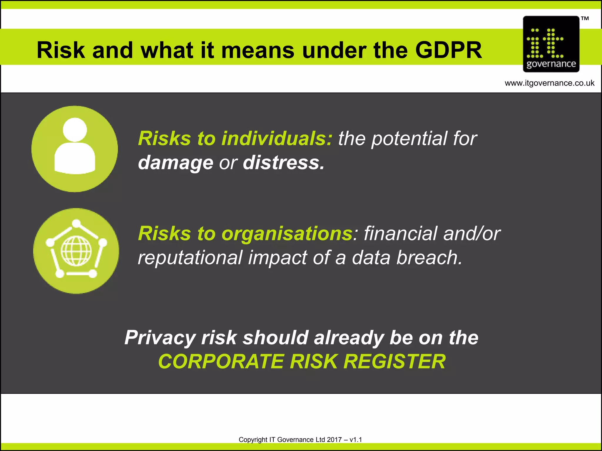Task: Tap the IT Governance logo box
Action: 551,44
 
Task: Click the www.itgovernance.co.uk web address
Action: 549,83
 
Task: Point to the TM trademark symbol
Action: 585,19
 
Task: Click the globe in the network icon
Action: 76,251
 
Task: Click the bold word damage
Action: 175,163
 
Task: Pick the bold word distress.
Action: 283,163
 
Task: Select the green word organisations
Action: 287,234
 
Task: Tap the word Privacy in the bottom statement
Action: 160,338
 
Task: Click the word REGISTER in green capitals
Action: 394,361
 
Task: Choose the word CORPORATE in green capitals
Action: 221,361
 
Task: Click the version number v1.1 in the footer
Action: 356,440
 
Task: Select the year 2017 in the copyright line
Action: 334,440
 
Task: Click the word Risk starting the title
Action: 61,50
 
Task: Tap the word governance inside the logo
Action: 551,64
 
